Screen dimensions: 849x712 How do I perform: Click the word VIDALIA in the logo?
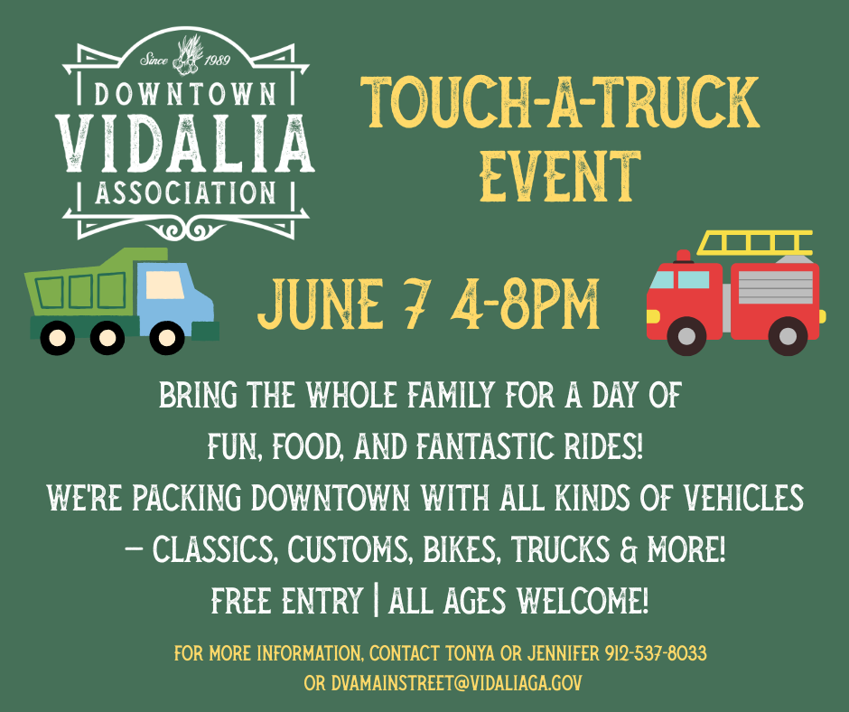pyautogui.click(x=184, y=144)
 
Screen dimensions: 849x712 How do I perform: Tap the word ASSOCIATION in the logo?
pyautogui.click(x=186, y=193)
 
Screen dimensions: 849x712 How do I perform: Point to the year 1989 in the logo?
pyautogui.click(x=217, y=61)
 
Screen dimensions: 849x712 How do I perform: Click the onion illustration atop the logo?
pyautogui.click(x=187, y=55)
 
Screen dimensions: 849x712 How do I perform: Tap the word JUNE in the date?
pyautogui.click(x=321, y=304)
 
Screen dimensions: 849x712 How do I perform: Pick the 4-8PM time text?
pyautogui.click(x=527, y=304)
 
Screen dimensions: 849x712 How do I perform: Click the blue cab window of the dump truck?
pyautogui.click(x=165, y=285)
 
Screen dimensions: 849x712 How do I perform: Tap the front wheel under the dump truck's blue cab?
pyautogui.click(x=167, y=338)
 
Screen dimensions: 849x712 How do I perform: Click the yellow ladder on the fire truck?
pyautogui.click(x=755, y=243)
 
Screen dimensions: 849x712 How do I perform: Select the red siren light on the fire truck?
pyautogui.click(x=684, y=257)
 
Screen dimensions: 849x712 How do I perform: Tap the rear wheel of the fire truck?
pyautogui.click(x=788, y=336)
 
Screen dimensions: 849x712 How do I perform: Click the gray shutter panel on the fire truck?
pyautogui.click(x=775, y=287)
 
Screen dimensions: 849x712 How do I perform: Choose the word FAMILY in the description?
pyautogui.click(x=451, y=395)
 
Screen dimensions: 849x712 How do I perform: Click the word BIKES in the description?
pyautogui.click(x=459, y=550)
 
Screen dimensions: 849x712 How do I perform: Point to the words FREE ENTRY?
pyautogui.click(x=287, y=601)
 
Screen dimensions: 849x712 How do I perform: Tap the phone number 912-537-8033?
pyautogui.click(x=656, y=653)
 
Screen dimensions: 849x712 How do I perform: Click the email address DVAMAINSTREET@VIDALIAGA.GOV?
pyautogui.click(x=456, y=683)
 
